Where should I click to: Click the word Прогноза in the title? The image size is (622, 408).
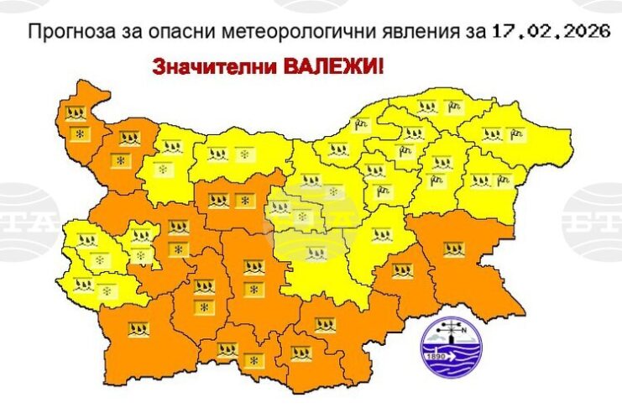[x=64, y=34]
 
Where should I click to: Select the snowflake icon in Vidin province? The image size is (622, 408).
[x=81, y=133]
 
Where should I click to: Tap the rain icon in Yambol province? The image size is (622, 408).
[x=401, y=270]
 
